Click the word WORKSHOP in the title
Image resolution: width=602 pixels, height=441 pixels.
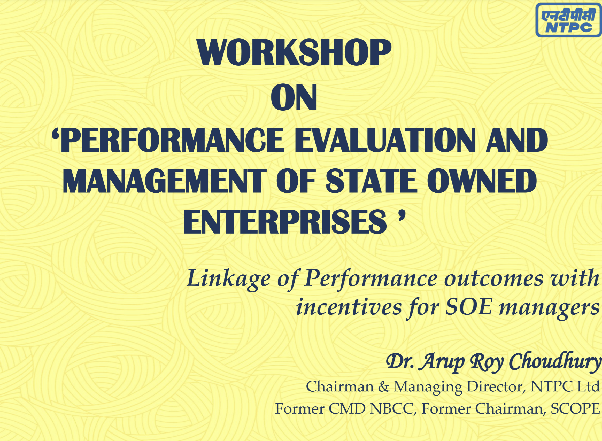294,53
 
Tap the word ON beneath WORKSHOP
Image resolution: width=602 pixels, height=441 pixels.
294,97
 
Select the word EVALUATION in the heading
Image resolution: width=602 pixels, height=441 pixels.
385,140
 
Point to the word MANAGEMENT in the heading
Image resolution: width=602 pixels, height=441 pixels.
164,181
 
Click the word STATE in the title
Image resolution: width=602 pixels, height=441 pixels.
371,181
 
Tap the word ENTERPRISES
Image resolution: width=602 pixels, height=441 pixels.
285,222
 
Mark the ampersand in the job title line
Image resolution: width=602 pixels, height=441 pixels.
384,387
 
